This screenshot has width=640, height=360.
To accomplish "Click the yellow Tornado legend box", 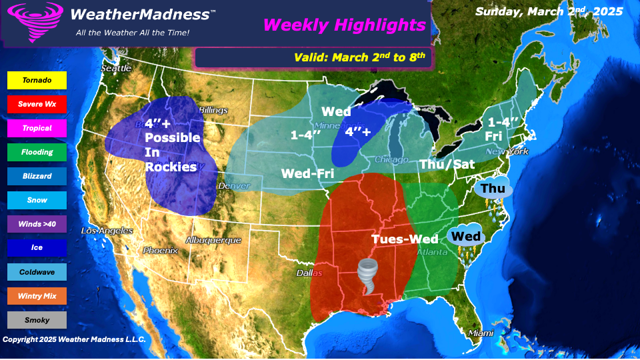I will [x=37, y=80].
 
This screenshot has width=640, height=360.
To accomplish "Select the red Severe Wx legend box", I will [x=37, y=104].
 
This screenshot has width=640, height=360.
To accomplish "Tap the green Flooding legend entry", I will [x=37, y=152].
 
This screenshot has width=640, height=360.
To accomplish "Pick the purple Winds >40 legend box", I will [x=37, y=224].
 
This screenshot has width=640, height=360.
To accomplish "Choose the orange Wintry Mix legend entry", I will [x=37, y=296].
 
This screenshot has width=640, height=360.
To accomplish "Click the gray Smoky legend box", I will [x=37, y=320].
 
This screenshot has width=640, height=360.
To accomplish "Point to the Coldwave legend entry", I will [x=37, y=272].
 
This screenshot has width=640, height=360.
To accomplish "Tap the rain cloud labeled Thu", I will [x=493, y=189].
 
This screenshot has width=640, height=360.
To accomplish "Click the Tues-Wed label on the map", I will [x=405, y=239].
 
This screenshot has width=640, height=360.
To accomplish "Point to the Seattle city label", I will [x=117, y=69].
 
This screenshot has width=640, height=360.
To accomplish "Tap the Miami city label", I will [x=481, y=333].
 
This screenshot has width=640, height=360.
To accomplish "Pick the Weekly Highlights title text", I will [x=344, y=25].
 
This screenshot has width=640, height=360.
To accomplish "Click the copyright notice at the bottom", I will [x=74, y=339].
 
